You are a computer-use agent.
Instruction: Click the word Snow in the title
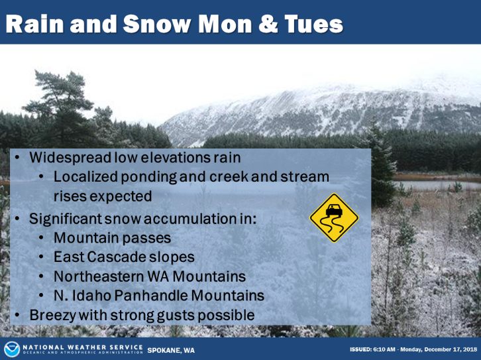(x=157, y=24)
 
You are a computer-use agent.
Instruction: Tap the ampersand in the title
(x=268, y=24)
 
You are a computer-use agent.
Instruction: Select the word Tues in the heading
(x=314, y=24)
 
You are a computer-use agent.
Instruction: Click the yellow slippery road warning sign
(x=334, y=217)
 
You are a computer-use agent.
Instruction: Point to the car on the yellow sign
(x=334, y=210)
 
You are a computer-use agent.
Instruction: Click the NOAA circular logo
(x=12, y=349)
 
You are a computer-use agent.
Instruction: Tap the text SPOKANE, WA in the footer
(x=171, y=351)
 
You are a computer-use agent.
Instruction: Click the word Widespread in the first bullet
(x=70, y=158)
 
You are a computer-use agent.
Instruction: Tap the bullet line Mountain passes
(x=112, y=238)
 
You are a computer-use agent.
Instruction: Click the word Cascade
(x=117, y=257)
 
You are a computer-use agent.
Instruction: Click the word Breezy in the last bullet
(x=52, y=316)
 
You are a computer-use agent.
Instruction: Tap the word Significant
(x=66, y=219)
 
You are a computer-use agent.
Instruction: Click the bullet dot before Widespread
(x=17, y=158)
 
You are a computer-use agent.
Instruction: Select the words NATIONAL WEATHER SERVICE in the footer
(x=83, y=347)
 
